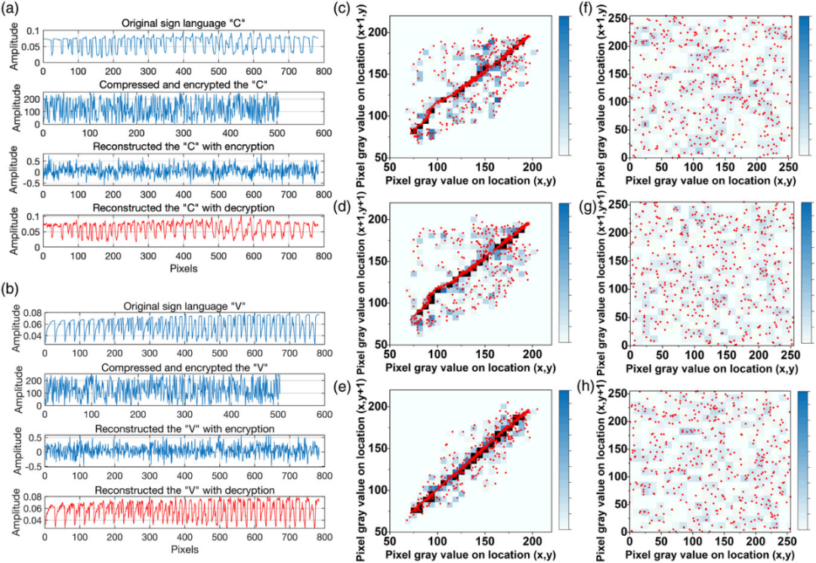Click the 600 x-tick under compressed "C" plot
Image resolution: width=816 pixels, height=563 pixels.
click(323, 132)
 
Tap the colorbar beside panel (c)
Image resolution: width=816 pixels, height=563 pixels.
click(567, 85)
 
